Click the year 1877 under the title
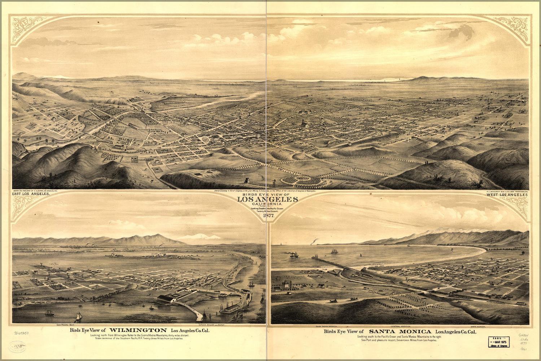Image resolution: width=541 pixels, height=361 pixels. (x=269, y=216)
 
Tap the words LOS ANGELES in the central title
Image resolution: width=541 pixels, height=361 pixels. (x=267, y=199)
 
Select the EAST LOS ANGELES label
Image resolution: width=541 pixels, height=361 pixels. (x=31, y=194)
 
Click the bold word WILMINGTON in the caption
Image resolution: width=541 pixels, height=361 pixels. (x=138, y=330)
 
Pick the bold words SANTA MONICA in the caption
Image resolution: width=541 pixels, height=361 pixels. (x=400, y=331)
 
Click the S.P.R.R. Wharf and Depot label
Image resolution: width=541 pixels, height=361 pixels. (x=211, y=325)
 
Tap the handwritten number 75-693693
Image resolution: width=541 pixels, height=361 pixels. (x=21, y=333)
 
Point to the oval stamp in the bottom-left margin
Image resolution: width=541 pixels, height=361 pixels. (x=17, y=347)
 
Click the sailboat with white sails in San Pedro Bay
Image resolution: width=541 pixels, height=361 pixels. (x=78, y=317)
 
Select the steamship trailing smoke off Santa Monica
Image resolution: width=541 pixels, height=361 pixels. (x=293, y=254)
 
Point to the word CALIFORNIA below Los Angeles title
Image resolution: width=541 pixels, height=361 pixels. (x=267, y=204)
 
